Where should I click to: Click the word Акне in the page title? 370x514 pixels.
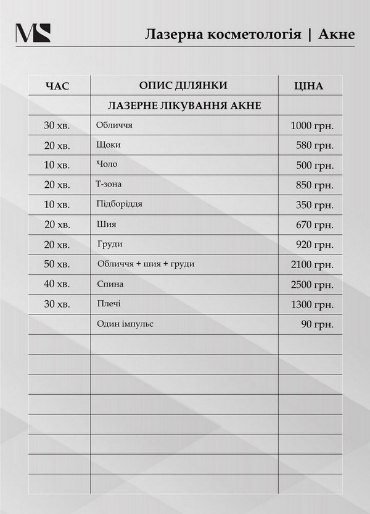pyautogui.click(x=337, y=33)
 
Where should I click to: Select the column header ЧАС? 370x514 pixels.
pyautogui.click(x=59, y=86)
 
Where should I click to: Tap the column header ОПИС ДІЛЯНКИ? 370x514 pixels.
pyautogui.click(x=183, y=85)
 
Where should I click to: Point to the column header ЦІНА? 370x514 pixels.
pyautogui.click(x=309, y=86)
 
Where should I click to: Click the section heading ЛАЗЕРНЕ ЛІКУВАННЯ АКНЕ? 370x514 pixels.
pyautogui.click(x=184, y=106)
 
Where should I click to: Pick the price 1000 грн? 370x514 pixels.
pyautogui.click(x=312, y=126)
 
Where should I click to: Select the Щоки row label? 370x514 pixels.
pyautogui.click(x=109, y=145)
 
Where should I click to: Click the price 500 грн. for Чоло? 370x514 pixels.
pyautogui.click(x=314, y=166)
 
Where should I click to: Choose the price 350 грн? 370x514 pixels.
pyautogui.click(x=314, y=205)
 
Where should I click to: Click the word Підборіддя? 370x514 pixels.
pyautogui.click(x=120, y=204)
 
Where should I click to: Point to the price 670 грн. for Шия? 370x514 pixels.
pyautogui.click(x=314, y=225)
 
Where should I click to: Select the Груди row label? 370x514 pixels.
pyautogui.click(x=110, y=244)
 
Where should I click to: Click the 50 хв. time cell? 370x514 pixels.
pyautogui.click(x=57, y=265)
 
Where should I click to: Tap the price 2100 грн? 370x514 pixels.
pyautogui.click(x=312, y=265)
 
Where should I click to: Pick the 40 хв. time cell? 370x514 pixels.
pyautogui.click(x=57, y=285)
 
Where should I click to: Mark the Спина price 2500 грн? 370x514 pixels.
pyautogui.click(x=312, y=285)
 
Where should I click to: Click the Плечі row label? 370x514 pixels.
pyautogui.click(x=109, y=304)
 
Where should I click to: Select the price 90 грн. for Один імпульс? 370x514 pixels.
pyautogui.click(x=318, y=324)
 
